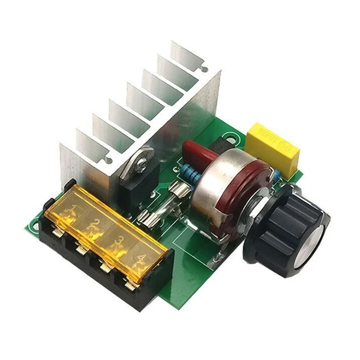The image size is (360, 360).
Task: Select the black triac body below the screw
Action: pyautogui.click(x=135, y=189)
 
